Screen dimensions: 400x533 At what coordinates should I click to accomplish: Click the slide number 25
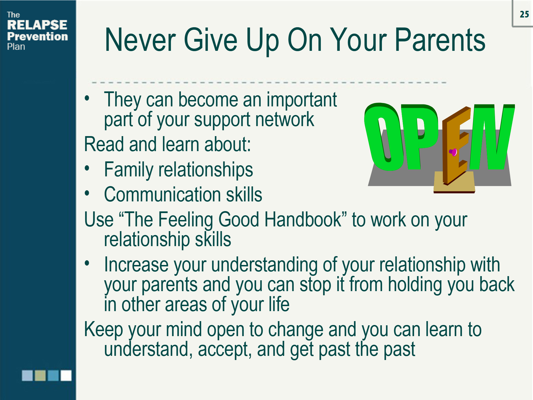pos(524,14)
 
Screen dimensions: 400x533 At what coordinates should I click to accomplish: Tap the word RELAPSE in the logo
pos(37,25)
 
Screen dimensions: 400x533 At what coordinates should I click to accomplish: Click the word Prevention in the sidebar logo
pos(37,36)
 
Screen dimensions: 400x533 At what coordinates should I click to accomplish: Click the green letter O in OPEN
pos(382,137)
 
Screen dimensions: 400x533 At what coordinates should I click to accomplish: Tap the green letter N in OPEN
pos(493,136)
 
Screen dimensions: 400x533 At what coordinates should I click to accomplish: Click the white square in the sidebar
pos(66,376)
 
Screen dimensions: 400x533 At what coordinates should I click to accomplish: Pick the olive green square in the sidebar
pos(40,376)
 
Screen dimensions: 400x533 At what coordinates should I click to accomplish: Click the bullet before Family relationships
pos(87,168)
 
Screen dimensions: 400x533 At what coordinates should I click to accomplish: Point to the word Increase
pos(136,265)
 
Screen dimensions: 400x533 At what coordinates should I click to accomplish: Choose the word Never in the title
pos(140,41)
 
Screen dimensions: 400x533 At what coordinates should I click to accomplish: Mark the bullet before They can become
pos(87,98)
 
